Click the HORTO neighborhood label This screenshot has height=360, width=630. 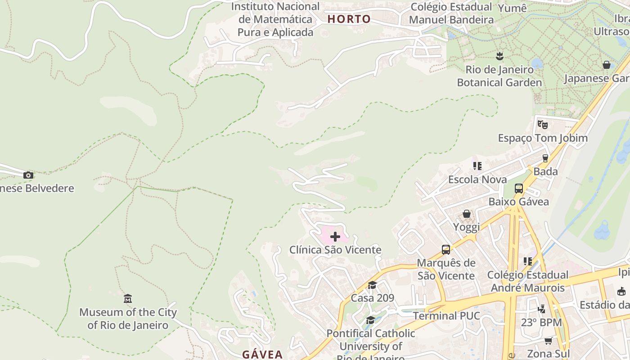tap(349, 19)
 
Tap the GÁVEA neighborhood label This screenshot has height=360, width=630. tap(262, 354)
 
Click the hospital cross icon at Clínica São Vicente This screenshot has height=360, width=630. tap(335, 237)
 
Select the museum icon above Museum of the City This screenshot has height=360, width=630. tap(128, 298)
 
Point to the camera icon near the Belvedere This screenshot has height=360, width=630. tap(28, 175)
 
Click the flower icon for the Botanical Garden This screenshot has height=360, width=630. tap(499, 56)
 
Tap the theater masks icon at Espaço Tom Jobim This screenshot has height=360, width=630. tap(542, 124)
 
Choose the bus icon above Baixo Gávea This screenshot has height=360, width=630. tap(518, 188)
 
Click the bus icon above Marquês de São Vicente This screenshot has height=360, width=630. tap(445, 249)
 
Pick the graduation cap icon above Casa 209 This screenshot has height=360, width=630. tap(372, 284)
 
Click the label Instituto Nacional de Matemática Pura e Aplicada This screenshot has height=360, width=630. tap(275, 19)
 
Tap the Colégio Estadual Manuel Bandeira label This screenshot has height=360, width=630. tap(451, 13)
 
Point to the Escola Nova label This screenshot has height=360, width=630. tap(477, 180)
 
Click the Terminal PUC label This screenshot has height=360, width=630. tap(446, 316)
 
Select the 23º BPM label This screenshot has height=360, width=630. tap(541, 323)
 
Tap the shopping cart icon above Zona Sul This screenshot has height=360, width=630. tap(548, 341)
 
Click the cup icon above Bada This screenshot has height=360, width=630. tap(545, 158)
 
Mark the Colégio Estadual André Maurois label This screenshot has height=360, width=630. tap(527, 281)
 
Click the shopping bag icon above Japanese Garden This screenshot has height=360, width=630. tap(606, 65)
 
